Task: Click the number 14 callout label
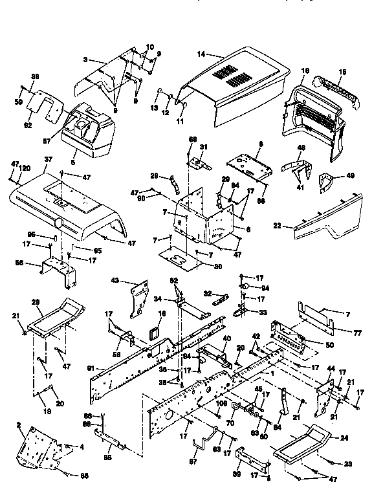coord(202,55)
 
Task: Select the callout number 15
coord(342,72)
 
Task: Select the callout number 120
coord(24,167)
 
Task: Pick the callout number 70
coord(230,424)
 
